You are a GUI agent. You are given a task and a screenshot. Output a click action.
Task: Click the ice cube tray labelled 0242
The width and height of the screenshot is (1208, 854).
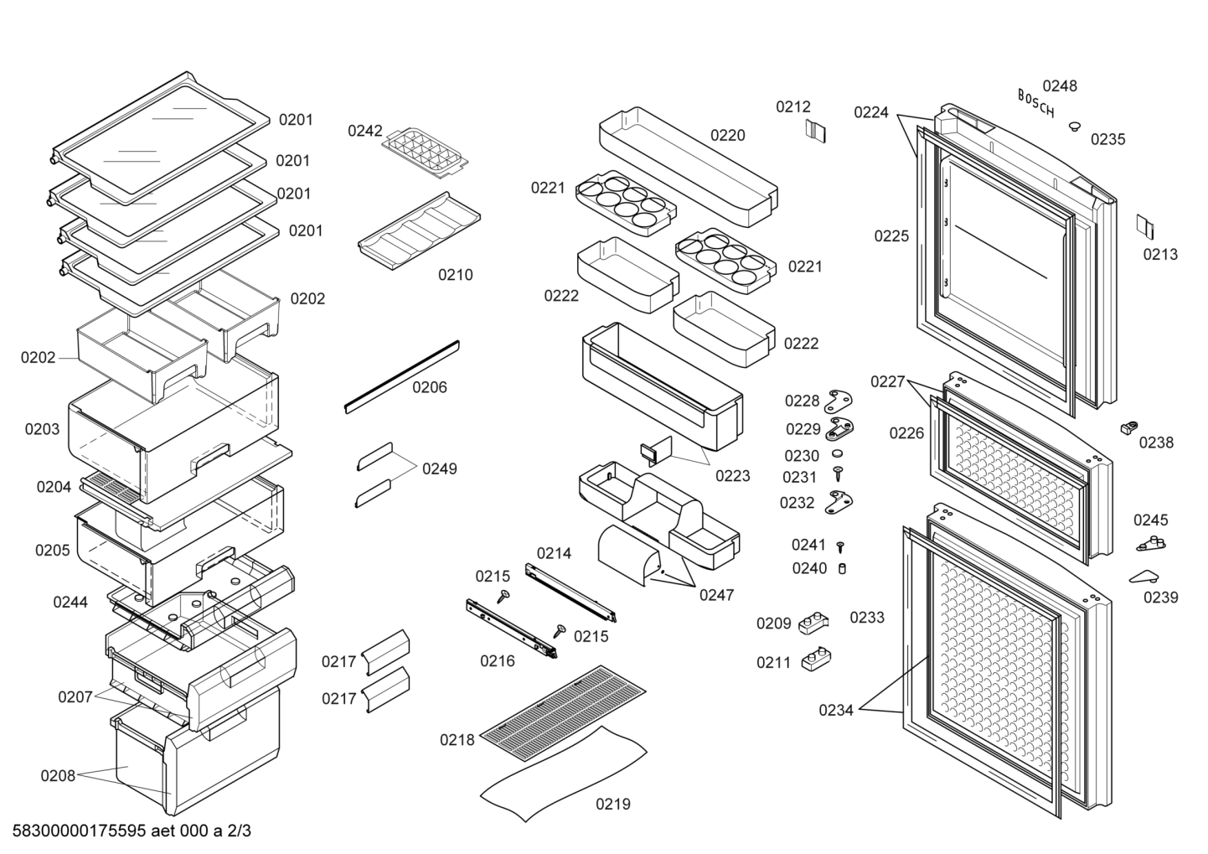(425, 153)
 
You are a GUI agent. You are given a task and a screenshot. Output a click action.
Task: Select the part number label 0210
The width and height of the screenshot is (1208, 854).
(455, 275)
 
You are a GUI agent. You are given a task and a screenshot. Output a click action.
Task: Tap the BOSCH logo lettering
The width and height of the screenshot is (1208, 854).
(1036, 103)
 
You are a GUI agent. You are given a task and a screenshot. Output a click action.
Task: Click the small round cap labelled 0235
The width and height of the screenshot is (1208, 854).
(1075, 127)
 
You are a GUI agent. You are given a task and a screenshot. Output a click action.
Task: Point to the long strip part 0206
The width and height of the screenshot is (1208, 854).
(402, 376)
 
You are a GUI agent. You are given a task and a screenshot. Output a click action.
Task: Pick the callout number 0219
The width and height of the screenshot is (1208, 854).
(612, 805)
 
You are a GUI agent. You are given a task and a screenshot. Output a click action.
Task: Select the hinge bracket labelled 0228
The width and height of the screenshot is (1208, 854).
(840, 401)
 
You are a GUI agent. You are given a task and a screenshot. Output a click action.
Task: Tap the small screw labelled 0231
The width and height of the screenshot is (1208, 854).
(838, 474)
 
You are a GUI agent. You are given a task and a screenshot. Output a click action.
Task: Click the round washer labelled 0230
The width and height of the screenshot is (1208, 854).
(838, 453)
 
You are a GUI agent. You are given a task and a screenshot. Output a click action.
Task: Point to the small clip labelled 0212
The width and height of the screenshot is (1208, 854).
(815, 131)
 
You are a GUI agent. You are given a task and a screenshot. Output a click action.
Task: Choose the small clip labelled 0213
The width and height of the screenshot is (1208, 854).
(1146, 227)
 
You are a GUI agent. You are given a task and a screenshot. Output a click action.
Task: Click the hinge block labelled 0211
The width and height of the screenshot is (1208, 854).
(815, 660)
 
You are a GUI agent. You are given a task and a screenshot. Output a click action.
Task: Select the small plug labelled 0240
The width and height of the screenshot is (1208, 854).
(842, 568)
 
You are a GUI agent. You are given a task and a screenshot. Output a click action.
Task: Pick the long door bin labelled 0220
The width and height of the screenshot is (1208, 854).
(688, 166)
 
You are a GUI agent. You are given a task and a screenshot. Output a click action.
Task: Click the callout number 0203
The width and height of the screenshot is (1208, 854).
(42, 429)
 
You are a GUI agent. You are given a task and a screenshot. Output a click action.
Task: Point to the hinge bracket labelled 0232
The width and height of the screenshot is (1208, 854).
(839, 502)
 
